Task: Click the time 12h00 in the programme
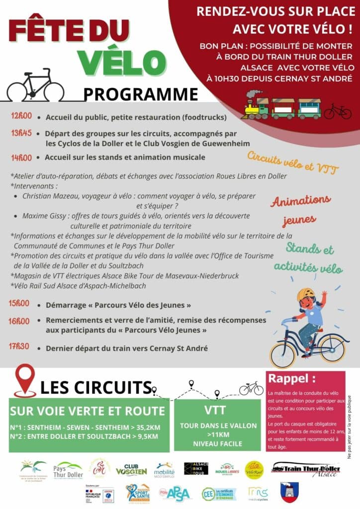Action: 21,116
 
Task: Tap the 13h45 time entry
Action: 21,133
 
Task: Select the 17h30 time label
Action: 19,346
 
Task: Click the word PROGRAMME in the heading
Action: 141,93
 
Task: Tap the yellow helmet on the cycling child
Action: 305,295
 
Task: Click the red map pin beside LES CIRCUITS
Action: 25,380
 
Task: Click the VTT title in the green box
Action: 215,410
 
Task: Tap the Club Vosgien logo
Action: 131,470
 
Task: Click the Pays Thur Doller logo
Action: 68,469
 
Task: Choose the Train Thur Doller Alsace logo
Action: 306,469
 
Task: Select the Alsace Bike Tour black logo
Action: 196,469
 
